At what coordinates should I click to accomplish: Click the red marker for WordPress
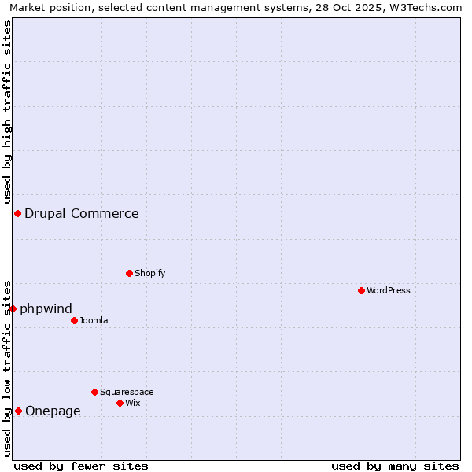pos(361,290)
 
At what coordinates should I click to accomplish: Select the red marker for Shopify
pos(129,273)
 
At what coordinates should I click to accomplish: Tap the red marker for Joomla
pos(74,320)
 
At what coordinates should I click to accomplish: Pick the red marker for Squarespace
pos(94,392)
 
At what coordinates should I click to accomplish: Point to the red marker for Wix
pos(120,403)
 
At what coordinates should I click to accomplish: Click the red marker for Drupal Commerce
pos(17,213)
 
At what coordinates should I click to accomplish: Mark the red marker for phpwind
pos(13,308)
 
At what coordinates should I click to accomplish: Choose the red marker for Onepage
pos(18,411)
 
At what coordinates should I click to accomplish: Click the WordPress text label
pos(389,290)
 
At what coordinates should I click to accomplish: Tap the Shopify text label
pos(149,273)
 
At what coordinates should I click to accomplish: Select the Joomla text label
pos(94,320)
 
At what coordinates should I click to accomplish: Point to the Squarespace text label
pos(127,392)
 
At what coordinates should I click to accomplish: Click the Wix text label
pos(133,403)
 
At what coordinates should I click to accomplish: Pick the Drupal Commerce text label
pos(82,213)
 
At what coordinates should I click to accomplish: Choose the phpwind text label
pos(46,308)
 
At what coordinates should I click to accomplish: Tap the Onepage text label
pos(53,411)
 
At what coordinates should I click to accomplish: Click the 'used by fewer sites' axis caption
pos(81,466)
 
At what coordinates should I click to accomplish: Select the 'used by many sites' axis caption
pos(395,466)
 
